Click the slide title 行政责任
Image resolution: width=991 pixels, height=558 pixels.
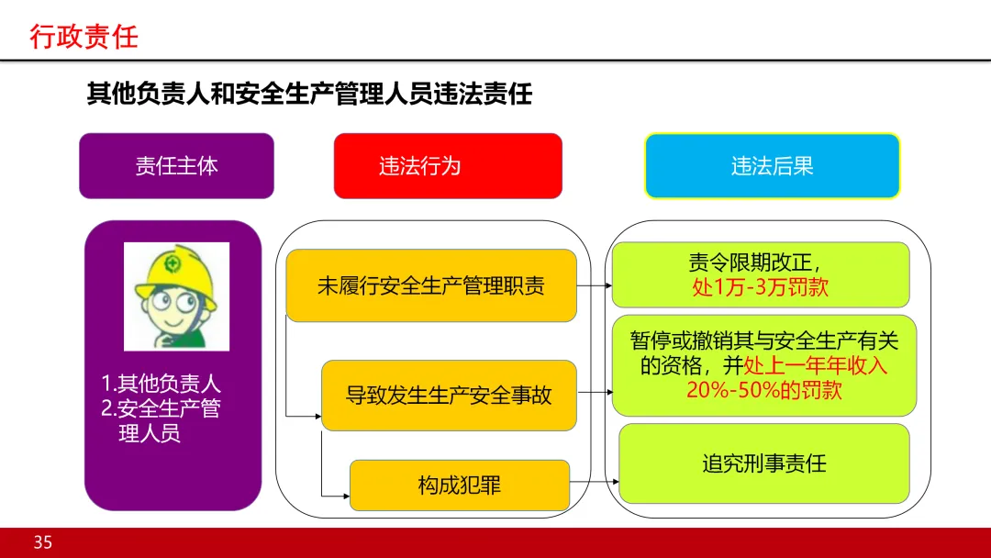click(84, 37)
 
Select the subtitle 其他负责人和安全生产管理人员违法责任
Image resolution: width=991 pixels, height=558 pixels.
click(309, 94)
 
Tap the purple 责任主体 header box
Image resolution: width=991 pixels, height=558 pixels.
click(176, 166)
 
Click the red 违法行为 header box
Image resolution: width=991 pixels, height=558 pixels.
click(447, 166)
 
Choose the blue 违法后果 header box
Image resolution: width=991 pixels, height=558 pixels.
click(772, 166)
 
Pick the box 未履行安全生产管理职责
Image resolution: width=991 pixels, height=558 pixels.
click(431, 285)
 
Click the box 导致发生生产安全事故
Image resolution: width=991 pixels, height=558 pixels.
click(449, 396)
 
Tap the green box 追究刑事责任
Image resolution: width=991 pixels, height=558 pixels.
click(764, 463)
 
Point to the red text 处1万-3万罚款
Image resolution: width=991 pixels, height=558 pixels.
click(761, 287)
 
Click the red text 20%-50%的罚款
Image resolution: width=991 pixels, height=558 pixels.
click(764, 390)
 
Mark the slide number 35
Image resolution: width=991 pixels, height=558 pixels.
click(43, 542)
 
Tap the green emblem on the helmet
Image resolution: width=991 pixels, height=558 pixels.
click(173, 264)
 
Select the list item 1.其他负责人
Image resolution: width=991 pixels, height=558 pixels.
click(161, 384)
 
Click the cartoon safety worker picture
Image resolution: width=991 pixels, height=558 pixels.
click(176, 296)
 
